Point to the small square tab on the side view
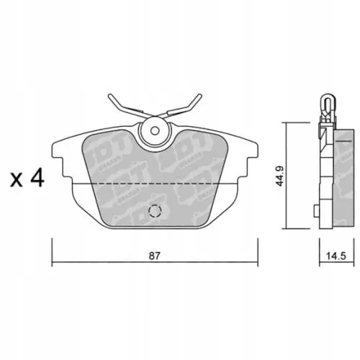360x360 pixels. tap(318, 210)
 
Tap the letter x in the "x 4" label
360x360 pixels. tap(16, 179)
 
